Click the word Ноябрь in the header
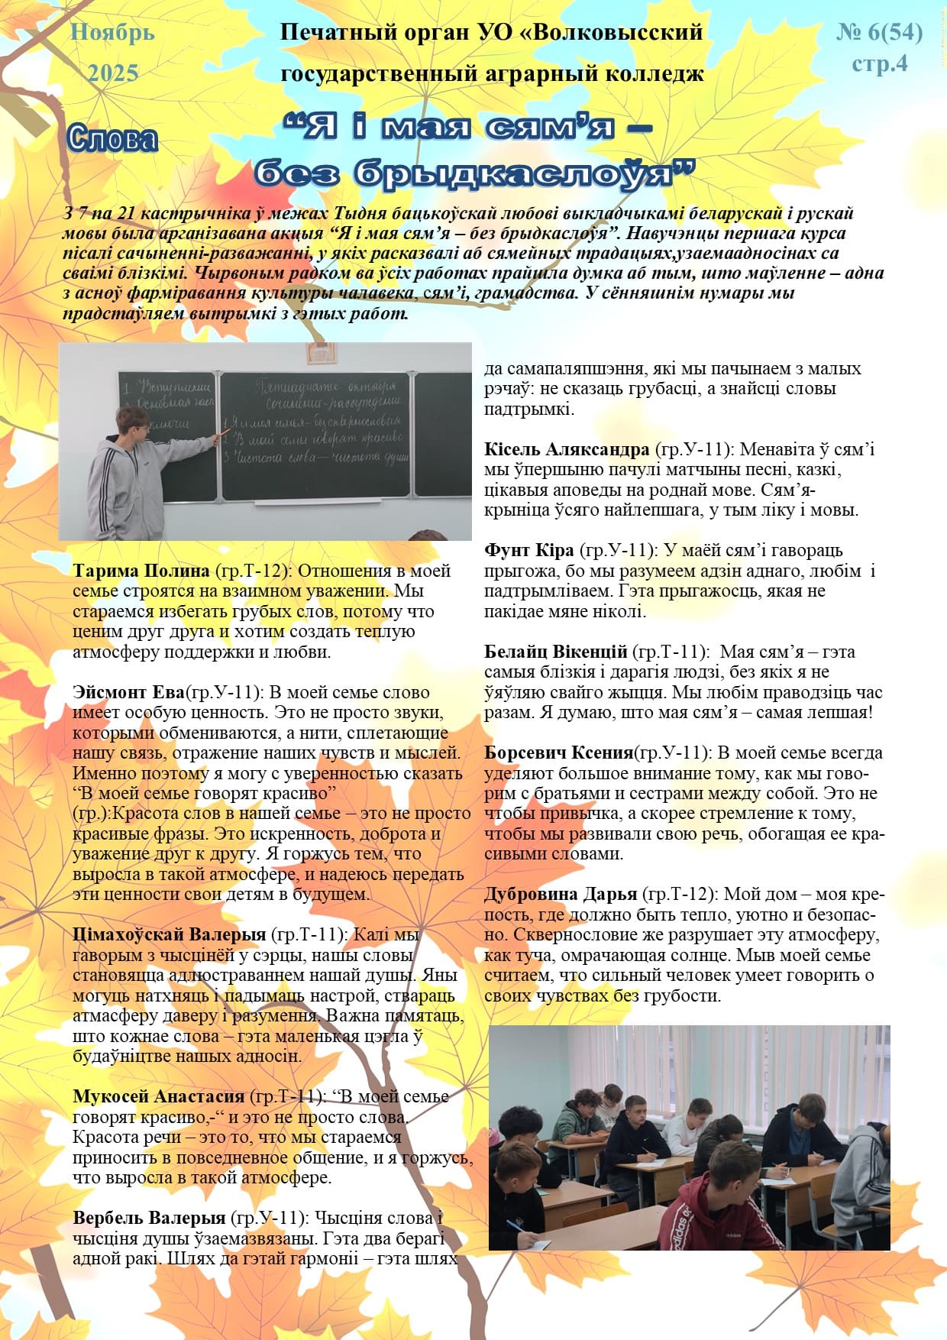coord(112,33)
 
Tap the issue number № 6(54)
coord(879,32)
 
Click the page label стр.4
coord(880,63)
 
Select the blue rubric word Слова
coord(112,138)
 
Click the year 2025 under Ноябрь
coord(113,73)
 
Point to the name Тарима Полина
coord(141,571)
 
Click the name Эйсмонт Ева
coord(129,692)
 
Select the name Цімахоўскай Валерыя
coord(170,934)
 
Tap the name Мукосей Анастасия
coord(159,1096)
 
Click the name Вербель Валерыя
coord(149,1218)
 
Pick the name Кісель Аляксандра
coord(567,449)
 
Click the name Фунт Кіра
coord(528,550)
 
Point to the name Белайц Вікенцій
coord(556,652)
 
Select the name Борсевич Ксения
coord(559,753)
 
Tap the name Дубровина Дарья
coord(561,894)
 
